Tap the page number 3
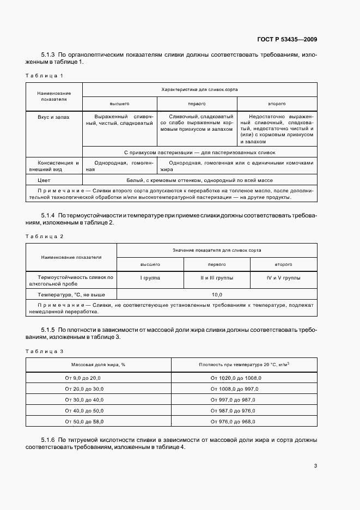(315, 465)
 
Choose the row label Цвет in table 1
(44, 179)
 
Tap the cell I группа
(150, 278)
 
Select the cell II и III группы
(216, 278)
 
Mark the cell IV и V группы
(283, 278)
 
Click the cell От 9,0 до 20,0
(83, 378)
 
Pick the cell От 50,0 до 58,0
(83, 421)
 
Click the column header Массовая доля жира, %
(98, 365)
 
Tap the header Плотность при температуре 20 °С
(243, 365)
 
